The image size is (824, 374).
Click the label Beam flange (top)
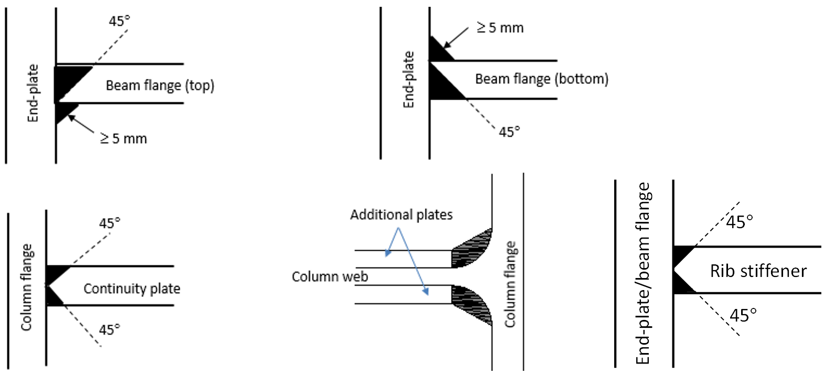(x=160, y=86)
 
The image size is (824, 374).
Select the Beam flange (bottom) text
(x=541, y=79)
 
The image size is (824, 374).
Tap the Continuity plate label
(x=132, y=288)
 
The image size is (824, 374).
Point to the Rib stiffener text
(x=758, y=271)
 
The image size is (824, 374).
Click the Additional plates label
(x=401, y=215)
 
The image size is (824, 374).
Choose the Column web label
(x=330, y=276)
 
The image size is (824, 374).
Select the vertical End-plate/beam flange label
(x=643, y=273)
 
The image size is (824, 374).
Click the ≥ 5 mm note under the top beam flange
(x=124, y=139)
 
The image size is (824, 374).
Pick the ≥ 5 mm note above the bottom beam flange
(x=500, y=28)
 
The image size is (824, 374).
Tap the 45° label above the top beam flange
(x=120, y=21)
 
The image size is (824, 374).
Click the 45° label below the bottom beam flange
(x=509, y=132)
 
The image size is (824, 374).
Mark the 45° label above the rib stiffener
(x=740, y=222)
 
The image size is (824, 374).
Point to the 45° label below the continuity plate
(x=110, y=330)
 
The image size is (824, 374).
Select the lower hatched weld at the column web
(x=472, y=304)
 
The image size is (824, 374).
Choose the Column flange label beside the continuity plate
(x=27, y=287)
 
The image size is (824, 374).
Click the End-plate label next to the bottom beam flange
(x=409, y=80)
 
